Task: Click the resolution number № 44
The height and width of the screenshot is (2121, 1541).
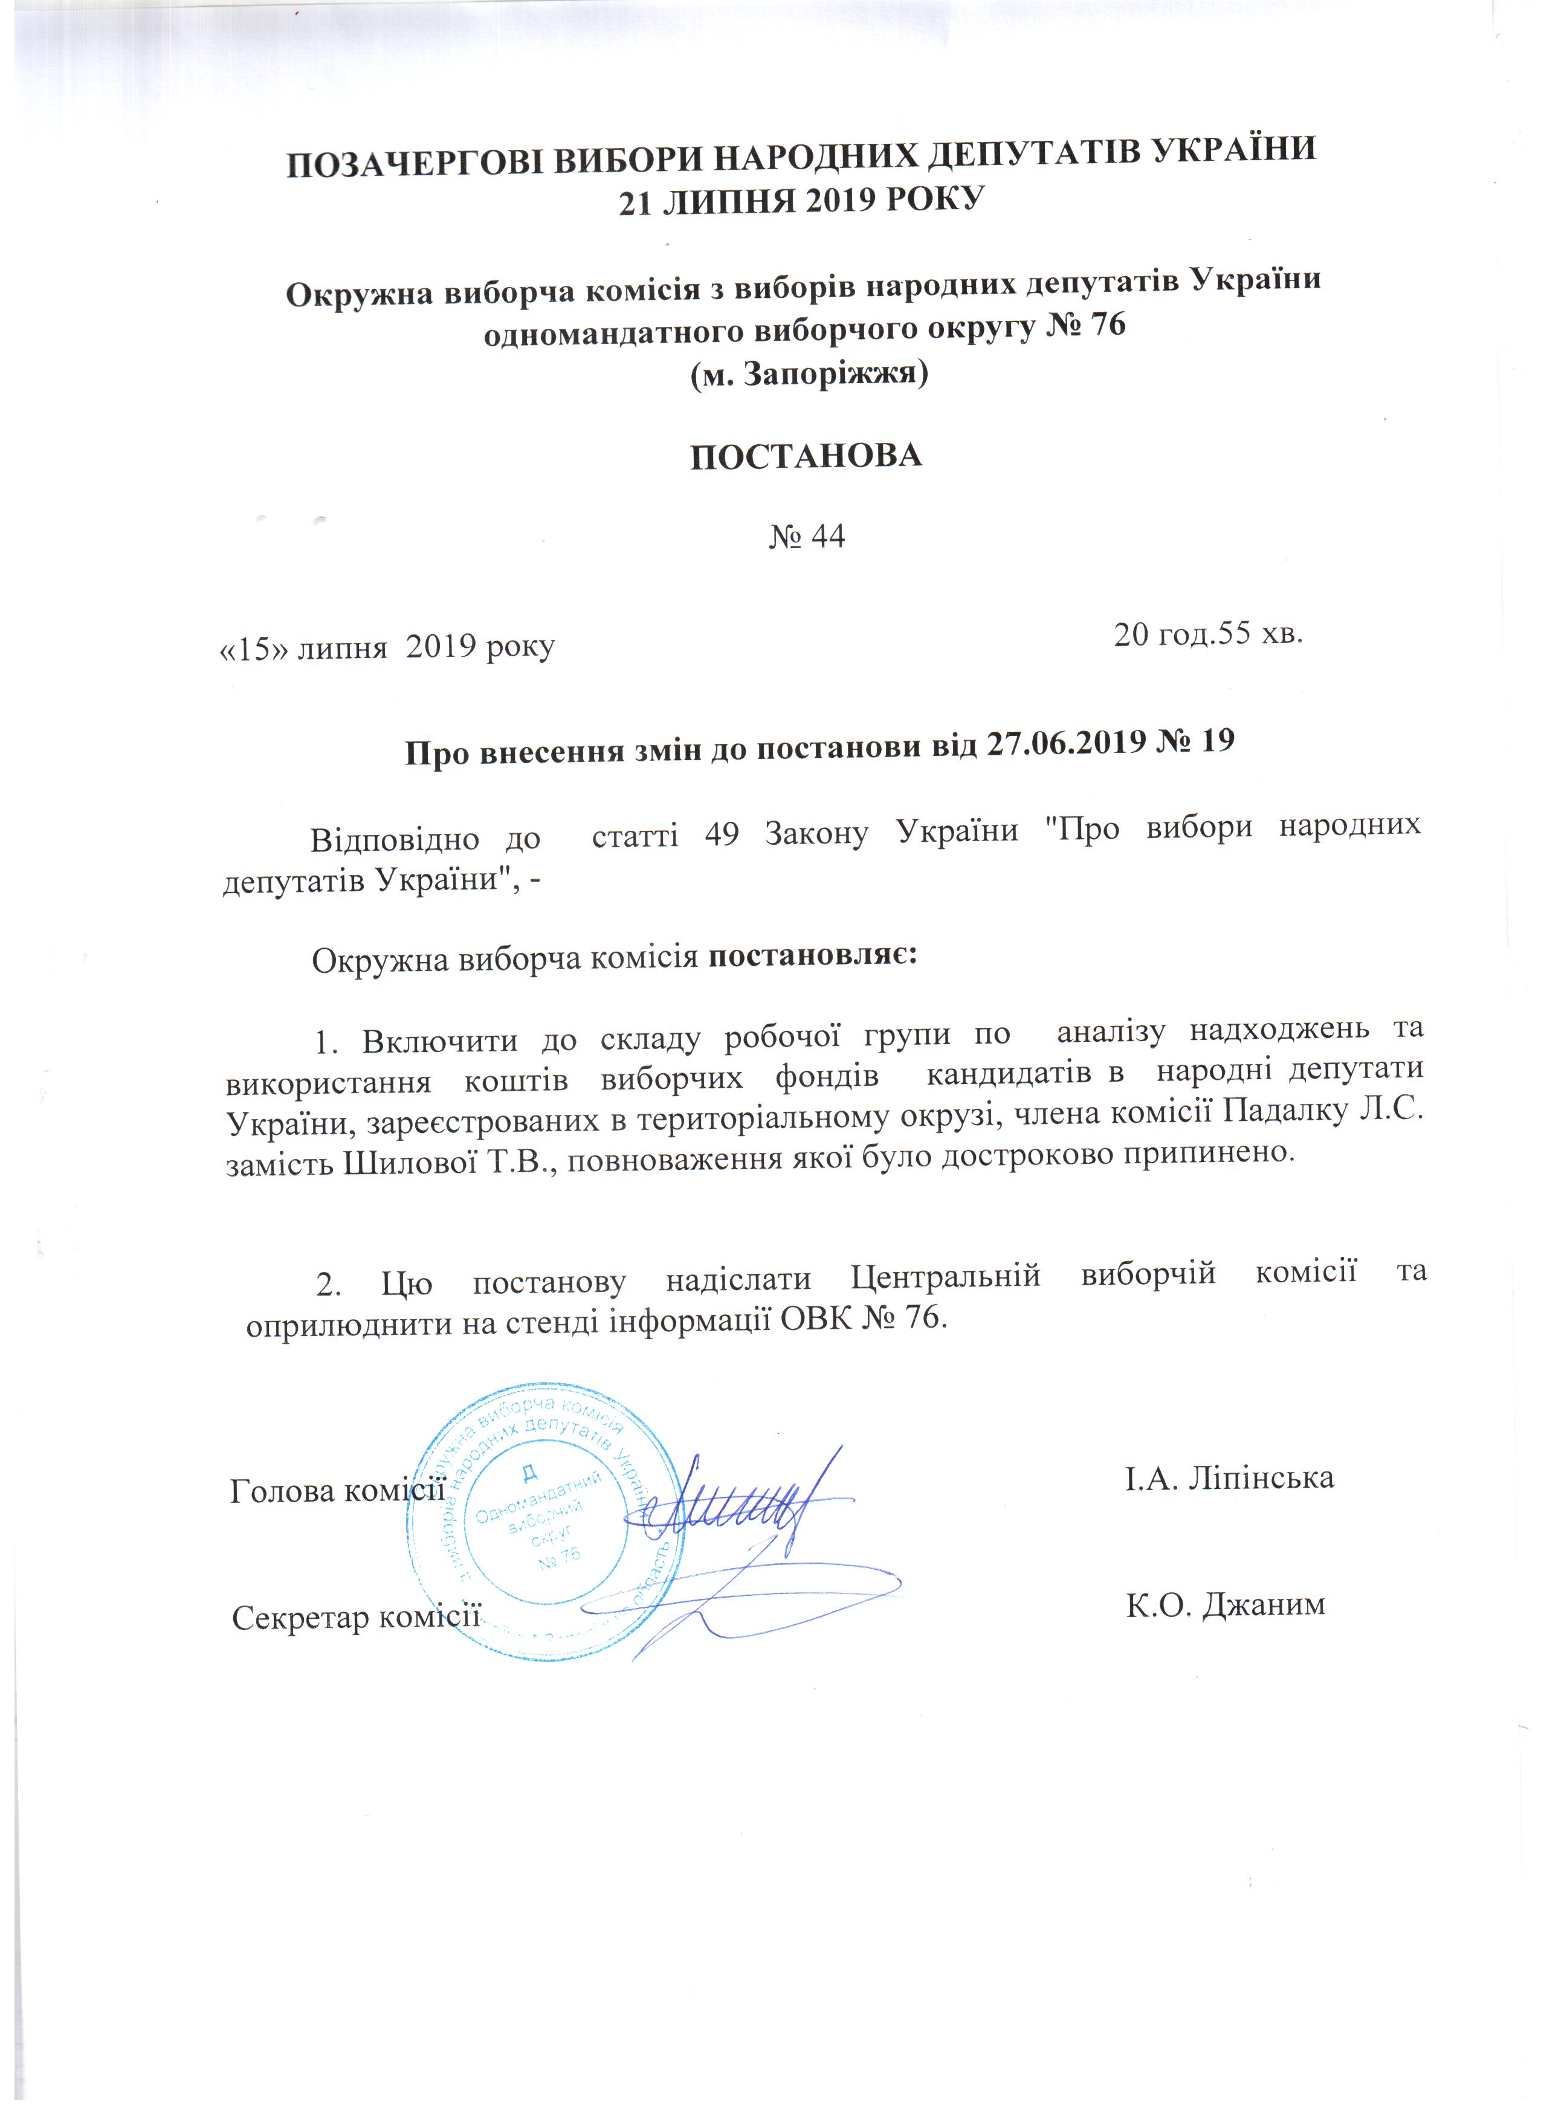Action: (x=806, y=537)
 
